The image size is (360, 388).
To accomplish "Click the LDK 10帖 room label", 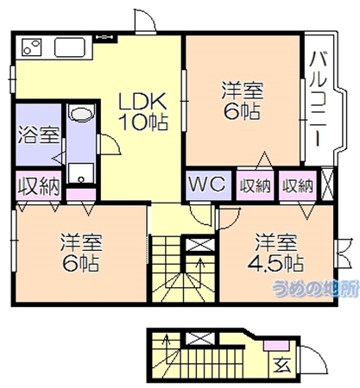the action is (x=144, y=111).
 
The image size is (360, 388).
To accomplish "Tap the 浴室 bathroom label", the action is (x=39, y=135).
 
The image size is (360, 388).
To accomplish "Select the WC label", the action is (x=207, y=184).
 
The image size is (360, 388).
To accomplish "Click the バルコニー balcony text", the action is (x=318, y=99).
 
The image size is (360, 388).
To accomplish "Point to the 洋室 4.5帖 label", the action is (x=275, y=253).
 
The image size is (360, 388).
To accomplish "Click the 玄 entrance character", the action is (x=282, y=366).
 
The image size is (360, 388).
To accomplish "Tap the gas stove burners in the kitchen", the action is (x=32, y=47).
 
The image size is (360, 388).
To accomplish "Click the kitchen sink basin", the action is (x=70, y=47).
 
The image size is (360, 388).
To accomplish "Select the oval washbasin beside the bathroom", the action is (x=82, y=113).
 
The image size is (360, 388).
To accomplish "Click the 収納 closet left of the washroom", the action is (x=39, y=186).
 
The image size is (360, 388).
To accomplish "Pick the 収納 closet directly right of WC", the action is (x=255, y=185).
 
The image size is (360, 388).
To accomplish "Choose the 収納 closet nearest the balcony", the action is (x=297, y=185).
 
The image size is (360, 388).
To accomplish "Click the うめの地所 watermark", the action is (x=316, y=288).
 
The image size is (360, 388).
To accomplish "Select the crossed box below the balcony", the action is (x=327, y=185).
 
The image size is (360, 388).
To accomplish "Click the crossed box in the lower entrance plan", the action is (x=200, y=338).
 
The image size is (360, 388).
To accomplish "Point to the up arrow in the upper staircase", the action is (x=200, y=267).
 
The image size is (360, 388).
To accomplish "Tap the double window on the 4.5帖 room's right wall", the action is (x=343, y=253).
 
